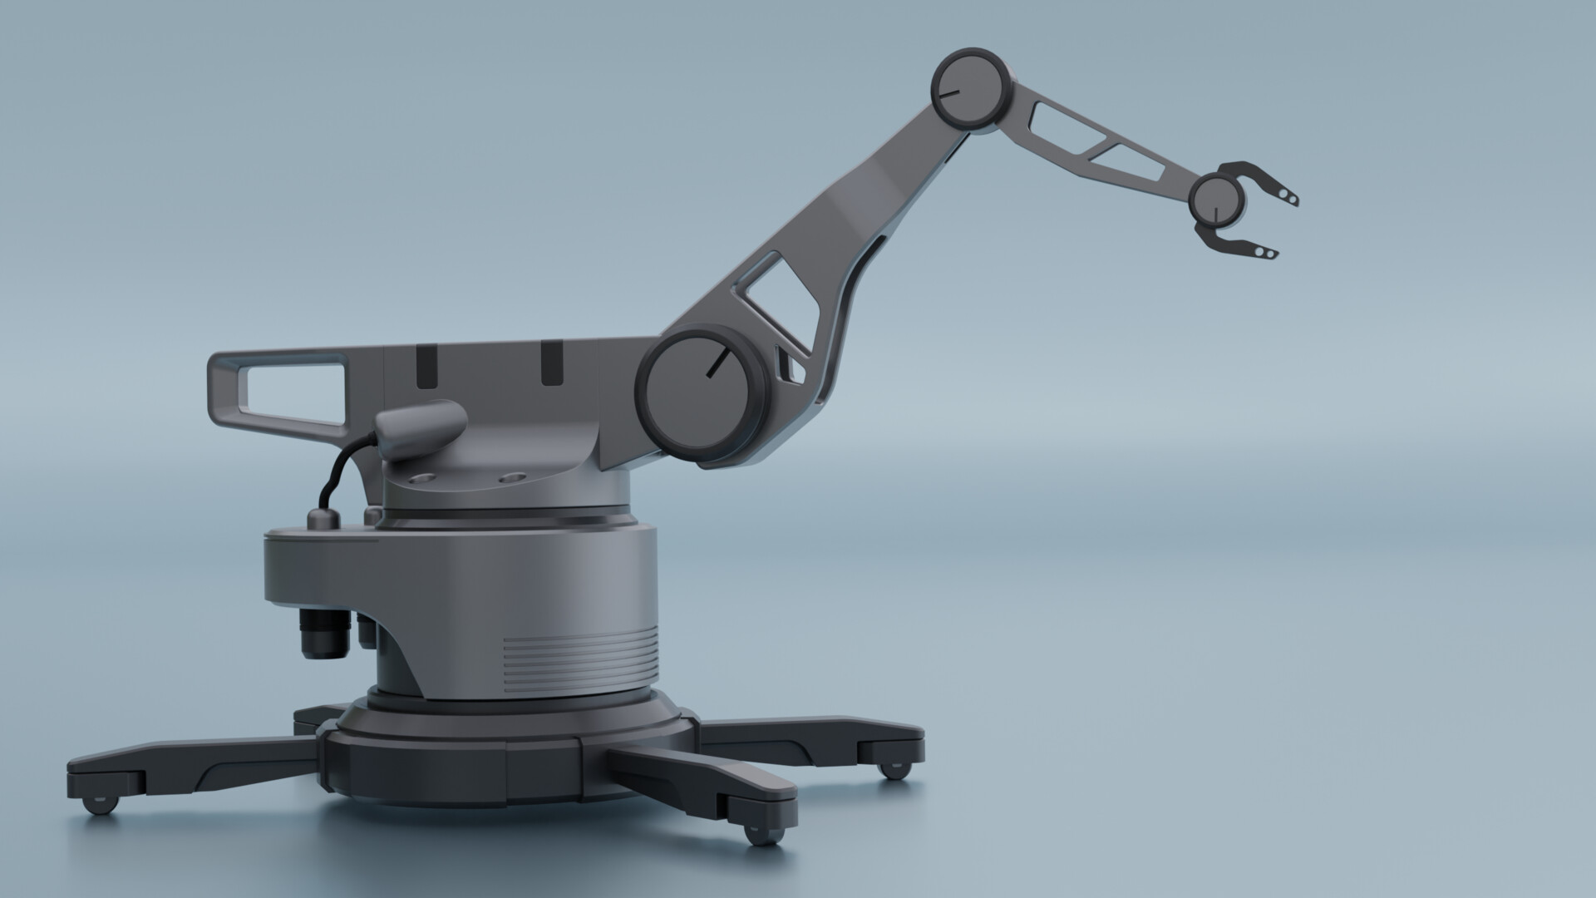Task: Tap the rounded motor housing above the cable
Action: pos(420,428)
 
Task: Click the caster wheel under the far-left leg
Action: pos(98,804)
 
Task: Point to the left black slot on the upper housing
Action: pos(426,366)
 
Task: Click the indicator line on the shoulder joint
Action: pos(717,363)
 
